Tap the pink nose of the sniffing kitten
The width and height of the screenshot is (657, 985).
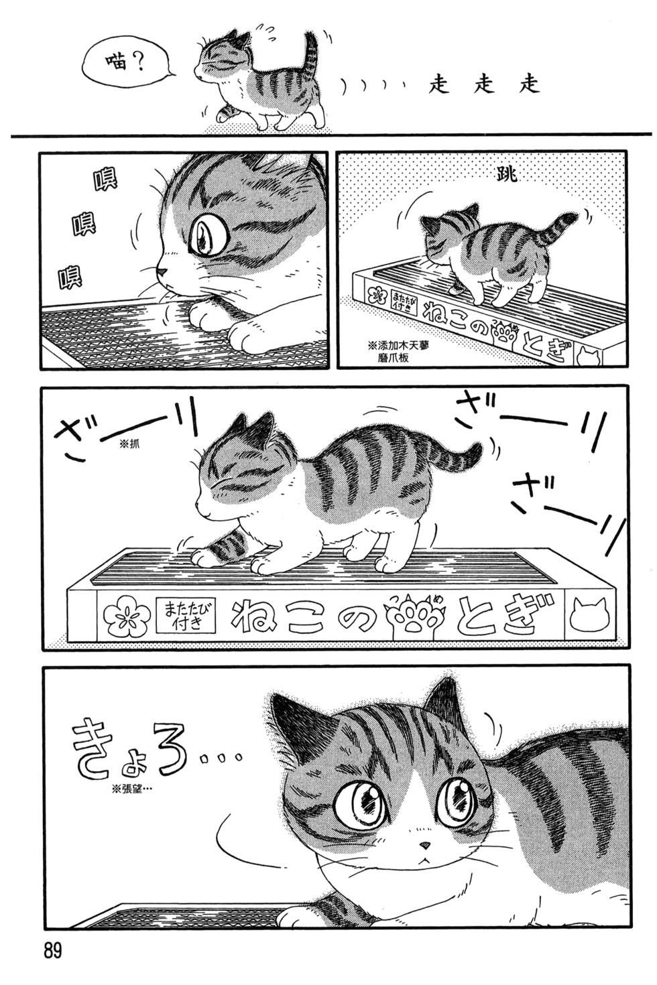pos(162,271)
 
